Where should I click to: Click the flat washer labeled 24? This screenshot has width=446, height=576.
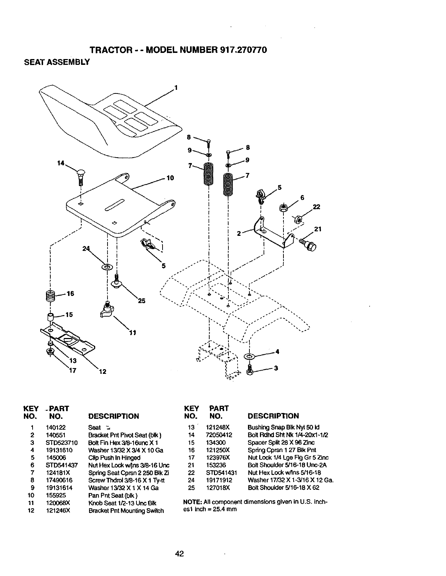coord(107,267)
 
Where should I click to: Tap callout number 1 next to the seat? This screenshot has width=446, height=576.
coord(176,87)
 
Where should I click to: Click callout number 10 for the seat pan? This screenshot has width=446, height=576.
coord(170,178)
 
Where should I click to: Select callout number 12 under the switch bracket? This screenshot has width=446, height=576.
coord(102,372)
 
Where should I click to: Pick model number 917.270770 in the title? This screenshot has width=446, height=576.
coord(244,50)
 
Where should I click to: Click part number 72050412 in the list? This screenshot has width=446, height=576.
coord(219,435)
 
